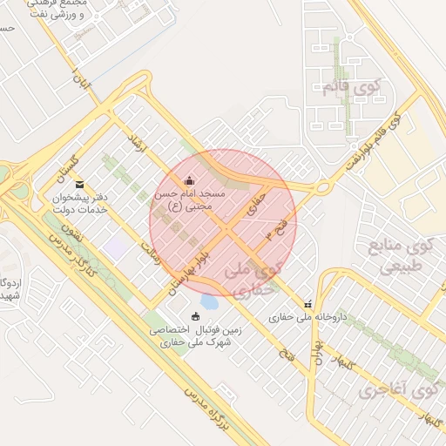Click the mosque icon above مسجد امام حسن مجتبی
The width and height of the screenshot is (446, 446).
click(x=190, y=180)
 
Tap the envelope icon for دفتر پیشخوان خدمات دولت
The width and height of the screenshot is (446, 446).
click(x=80, y=184)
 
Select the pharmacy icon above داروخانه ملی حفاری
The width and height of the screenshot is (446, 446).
click(x=307, y=304)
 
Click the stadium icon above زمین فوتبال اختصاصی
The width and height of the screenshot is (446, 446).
click(x=195, y=316)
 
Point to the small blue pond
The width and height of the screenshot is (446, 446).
click(x=209, y=301)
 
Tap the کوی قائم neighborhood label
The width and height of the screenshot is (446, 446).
click(x=352, y=86)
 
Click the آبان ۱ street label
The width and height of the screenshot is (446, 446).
click(x=82, y=81)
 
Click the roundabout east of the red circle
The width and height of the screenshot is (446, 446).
click(x=322, y=186)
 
